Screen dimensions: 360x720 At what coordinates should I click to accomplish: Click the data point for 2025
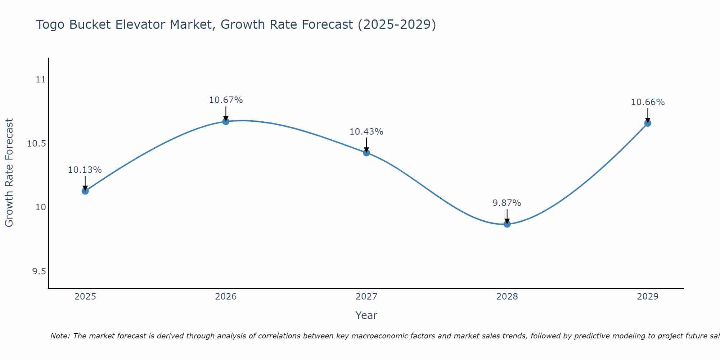pyautogui.click(x=85, y=191)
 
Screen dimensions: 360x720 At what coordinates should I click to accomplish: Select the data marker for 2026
pyautogui.click(x=226, y=121)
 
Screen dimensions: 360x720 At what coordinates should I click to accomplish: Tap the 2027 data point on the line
pyautogui.click(x=366, y=153)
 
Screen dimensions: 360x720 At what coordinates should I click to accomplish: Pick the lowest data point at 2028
pyautogui.click(x=507, y=224)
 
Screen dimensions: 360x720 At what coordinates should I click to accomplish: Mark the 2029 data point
pyautogui.click(x=648, y=123)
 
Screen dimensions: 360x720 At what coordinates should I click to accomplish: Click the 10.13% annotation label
pyautogui.click(x=85, y=170)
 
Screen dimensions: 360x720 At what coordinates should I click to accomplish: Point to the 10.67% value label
pyautogui.click(x=226, y=100)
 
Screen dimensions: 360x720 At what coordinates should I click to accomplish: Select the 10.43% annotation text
pyautogui.click(x=366, y=132)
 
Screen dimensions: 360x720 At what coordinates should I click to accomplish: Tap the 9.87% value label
pyautogui.click(x=507, y=203)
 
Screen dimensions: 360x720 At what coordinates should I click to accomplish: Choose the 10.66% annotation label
pyautogui.click(x=648, y=102)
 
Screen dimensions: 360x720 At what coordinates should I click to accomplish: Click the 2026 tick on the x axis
pyautogui.click(x=226, y=297)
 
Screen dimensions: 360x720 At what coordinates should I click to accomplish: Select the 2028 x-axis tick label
pyautogui.click(x=507, y=297)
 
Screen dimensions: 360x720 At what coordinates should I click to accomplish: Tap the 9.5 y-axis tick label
pyautogui.click(x=39, y=271)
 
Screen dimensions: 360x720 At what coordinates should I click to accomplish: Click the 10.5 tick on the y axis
pyautogui.click(x=37, y=144)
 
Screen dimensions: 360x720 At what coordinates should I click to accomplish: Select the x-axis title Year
pyautogui.click(x=366, y=315)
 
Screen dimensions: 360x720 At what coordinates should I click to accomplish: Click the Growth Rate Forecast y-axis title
pyautogui.click(x=9, y=172)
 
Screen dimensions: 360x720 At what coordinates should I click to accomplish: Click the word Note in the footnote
pyautogui.click(x=59, y=336)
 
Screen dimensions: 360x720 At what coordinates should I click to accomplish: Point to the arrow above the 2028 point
pyautogui.click(x=507, y=216)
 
